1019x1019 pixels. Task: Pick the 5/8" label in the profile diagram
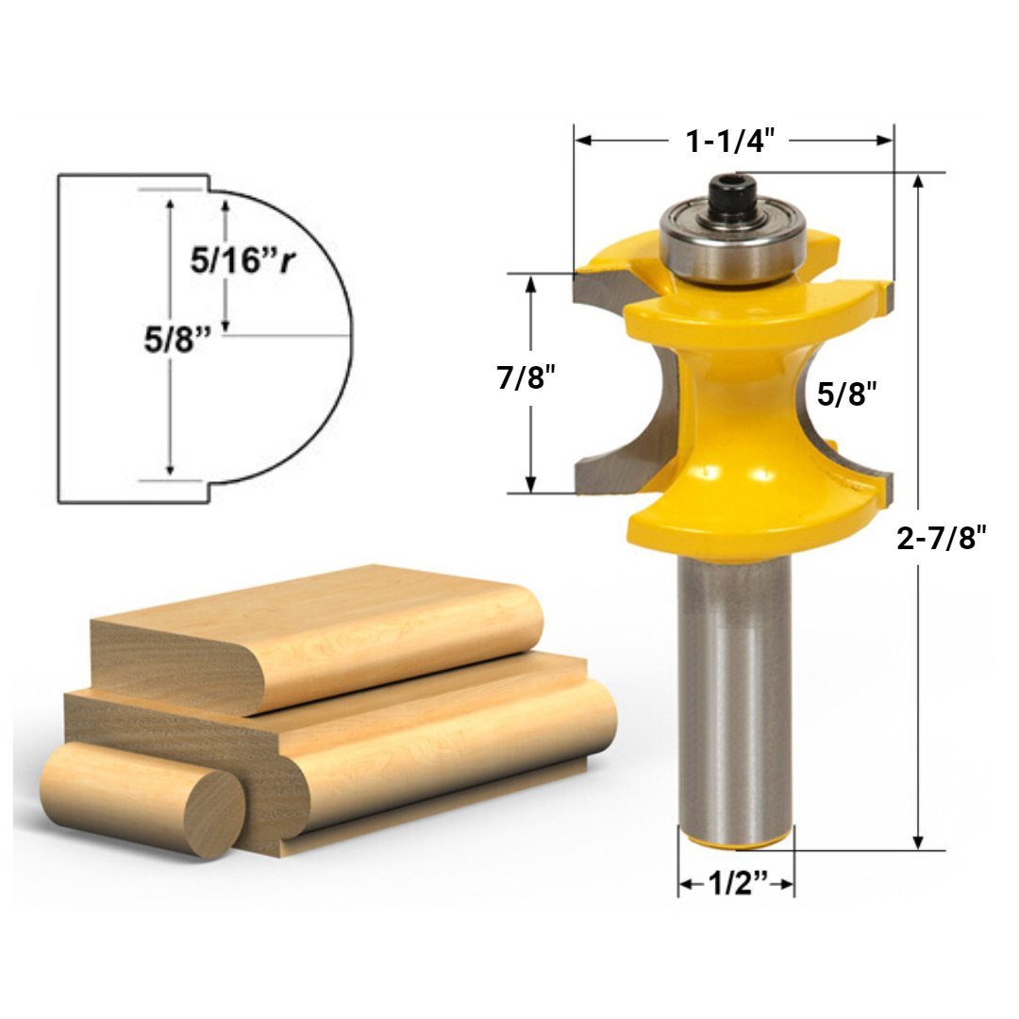[x=175, y=340]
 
